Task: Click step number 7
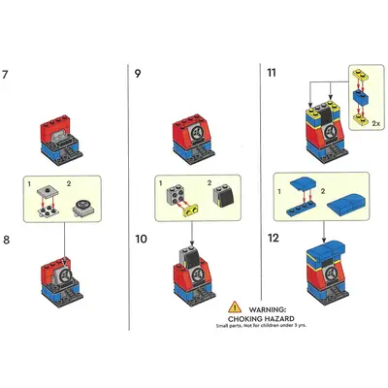click(5, 75)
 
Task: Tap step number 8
click(6, 241)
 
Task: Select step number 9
click(138, 74)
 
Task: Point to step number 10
click(141, 239)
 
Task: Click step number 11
click(272, 73)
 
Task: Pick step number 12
click(274, 238)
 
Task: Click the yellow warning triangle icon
click(235, 307)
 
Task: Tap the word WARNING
click(268, 309)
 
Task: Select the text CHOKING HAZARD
click(261, 318)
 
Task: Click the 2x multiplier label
click(375, 123)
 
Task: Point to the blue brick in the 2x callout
click(361, 97)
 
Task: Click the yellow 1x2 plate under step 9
click(191, 211)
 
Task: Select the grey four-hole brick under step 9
click(177, 194)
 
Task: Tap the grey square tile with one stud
click(48, 191)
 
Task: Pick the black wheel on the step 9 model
click(197, 133)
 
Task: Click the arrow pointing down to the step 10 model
click(192, 234)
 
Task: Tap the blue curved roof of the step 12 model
click(327, 250)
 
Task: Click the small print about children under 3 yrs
click(261, 326)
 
